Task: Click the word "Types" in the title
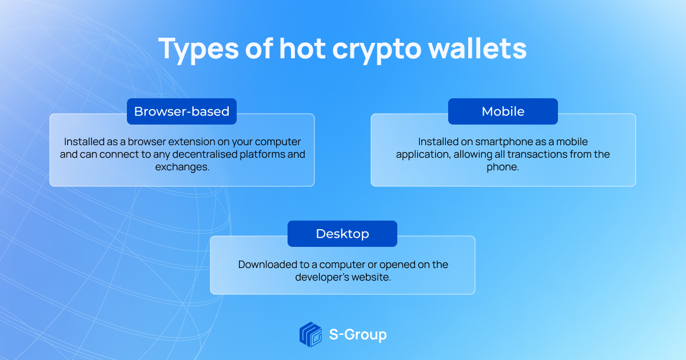pyautogui.click(x=198, y=49)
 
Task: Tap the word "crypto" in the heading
pyautogui.click(x=377, y=50)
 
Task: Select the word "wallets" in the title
pyautogui.click(x=477, y=48)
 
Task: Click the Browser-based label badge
pyautogui.click(x=182, y=111)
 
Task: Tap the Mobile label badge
pyautogui.click(x=503, y=111)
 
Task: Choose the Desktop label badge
pyautogui.click(x=342, y=234)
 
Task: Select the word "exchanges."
pyautogui.click(x=182, y=167)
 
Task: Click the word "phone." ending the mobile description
pyautogui.click(x=503, y=167)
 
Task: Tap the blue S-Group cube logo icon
pyautogui.click(x=310, y=334)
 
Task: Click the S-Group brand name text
pyautogui.click(x=358, y=335)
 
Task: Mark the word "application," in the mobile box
pyautogui.click(x=423, y=155)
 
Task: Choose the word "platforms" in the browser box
pyautogui.click(x=262, y=154)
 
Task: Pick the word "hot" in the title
pyautogui.click(x=302, y=49)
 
